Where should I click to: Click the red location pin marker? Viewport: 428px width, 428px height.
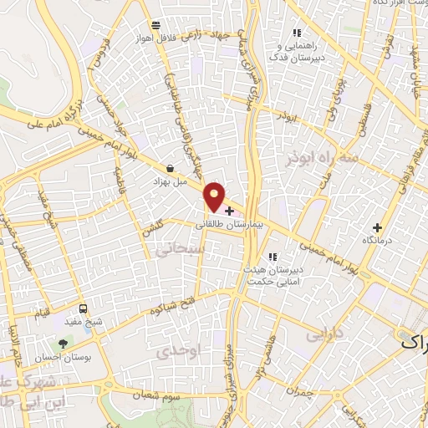coord(215,196)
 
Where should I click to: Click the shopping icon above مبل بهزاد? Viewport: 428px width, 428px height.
coord(171,168)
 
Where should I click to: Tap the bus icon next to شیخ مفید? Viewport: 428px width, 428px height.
coord(82,308)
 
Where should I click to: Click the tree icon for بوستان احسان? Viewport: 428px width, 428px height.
coord(62,343)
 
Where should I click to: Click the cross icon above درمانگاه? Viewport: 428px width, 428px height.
coord(377,227)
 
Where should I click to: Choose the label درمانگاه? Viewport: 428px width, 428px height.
coord(377,240)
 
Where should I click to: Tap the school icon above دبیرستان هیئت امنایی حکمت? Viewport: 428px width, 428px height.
coord(271,257)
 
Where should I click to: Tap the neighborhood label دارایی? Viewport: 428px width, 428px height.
coord(324,334)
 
